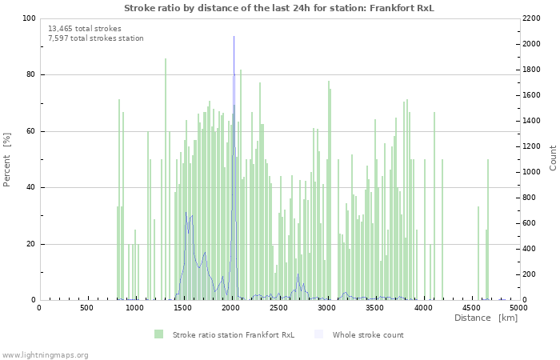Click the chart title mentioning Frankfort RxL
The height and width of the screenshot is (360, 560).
279,7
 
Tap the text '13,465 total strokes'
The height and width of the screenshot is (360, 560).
85,29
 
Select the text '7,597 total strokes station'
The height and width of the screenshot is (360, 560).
96,38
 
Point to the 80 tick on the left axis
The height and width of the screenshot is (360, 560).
30,75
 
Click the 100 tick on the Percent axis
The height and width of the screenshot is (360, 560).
28,18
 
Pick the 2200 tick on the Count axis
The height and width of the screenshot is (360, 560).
533,18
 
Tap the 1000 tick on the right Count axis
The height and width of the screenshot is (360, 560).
533,172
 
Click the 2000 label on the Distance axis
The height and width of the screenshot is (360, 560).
230,307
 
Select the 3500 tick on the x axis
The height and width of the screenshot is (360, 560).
374,307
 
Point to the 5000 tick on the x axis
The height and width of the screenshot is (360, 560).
518,307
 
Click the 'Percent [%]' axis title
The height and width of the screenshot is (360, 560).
7,159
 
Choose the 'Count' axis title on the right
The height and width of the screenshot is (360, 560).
553,158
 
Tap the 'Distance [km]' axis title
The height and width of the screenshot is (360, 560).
486,318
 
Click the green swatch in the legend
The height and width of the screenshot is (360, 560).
158,334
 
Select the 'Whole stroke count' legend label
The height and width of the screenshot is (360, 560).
368,335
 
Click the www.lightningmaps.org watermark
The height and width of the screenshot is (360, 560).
45,354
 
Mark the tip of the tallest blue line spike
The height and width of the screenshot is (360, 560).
234,36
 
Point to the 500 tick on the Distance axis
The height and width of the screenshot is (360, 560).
86,307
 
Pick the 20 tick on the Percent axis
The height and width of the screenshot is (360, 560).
30,244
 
